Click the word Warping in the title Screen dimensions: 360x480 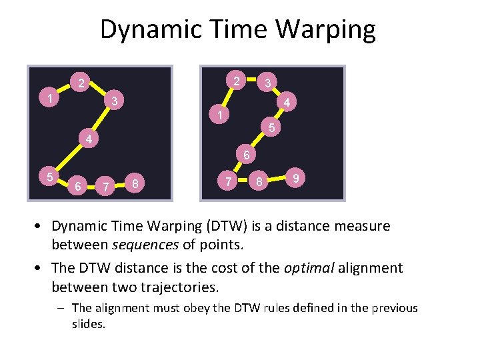(x=327, y=30)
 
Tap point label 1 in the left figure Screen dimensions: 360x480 (x=51, y=99)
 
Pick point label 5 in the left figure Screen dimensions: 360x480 (x=50, y=177)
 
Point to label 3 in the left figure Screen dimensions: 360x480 (x=115, y=101)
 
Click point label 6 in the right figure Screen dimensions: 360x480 (x=245, y=155)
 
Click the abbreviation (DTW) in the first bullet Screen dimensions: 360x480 (x=222, y=226)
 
